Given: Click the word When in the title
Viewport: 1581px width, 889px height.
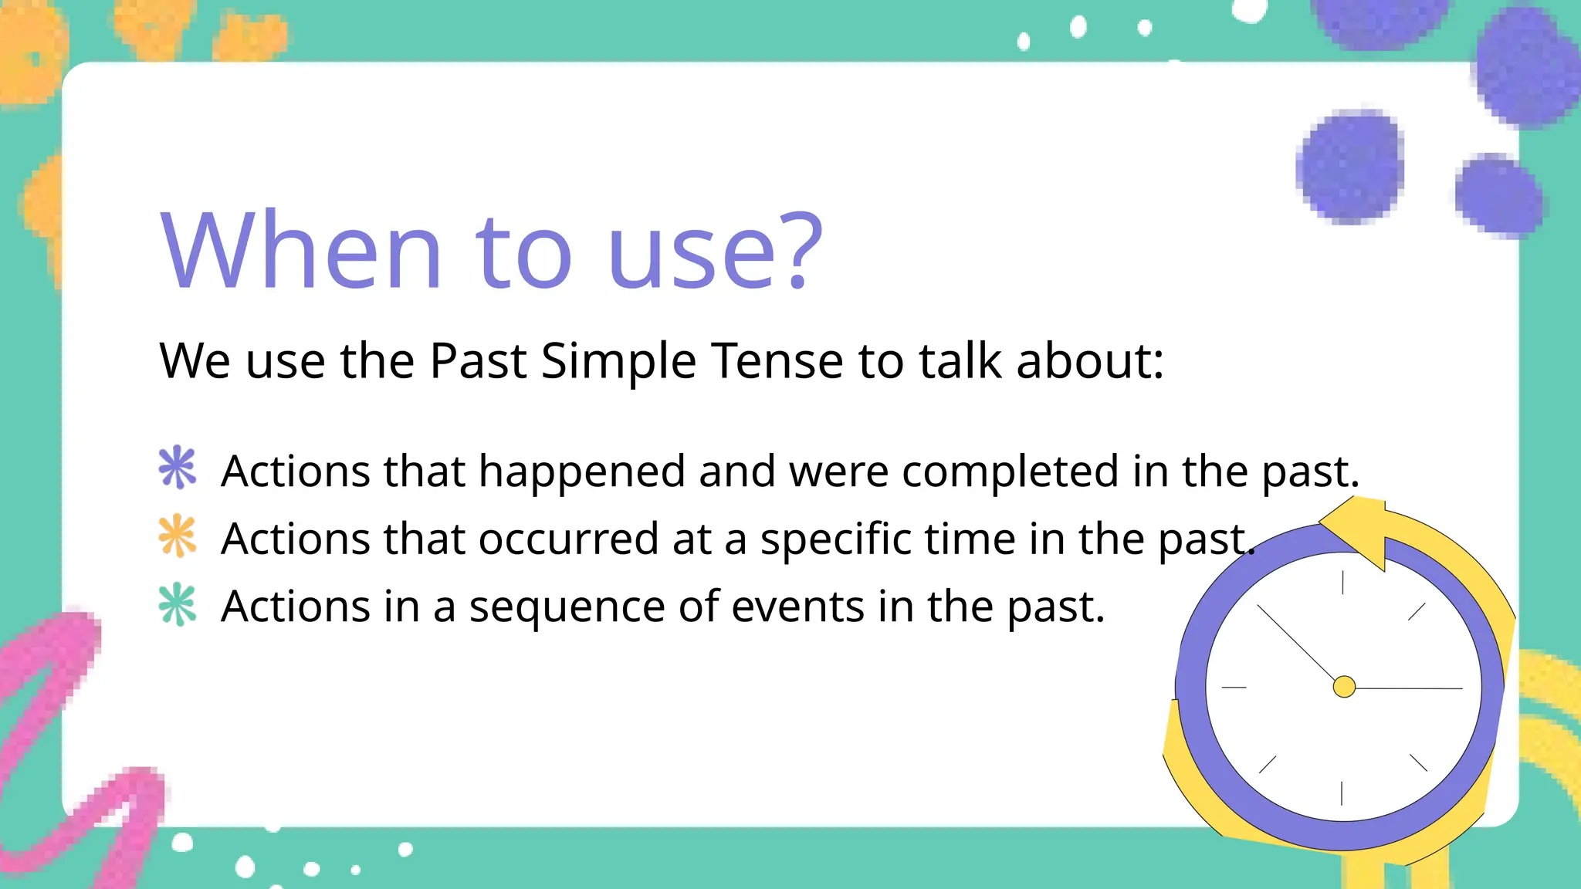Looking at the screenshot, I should coord(301,251).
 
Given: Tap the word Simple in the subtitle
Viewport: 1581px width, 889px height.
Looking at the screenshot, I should coord(618,360).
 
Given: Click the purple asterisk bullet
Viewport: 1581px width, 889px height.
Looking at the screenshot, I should coord(178,468).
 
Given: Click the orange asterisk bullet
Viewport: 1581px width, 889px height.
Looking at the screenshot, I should coord(178,536).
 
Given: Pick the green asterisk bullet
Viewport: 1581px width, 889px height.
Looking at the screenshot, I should coord(178,603).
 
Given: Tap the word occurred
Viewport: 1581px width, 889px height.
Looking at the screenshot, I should coord(568,539).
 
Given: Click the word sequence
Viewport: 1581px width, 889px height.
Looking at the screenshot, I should coord(567,607).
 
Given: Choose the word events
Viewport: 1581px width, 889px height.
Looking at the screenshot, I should coord(797,607).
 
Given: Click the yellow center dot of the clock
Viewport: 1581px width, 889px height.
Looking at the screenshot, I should coord(1344,687).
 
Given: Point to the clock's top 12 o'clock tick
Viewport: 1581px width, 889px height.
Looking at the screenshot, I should coord(1342,583).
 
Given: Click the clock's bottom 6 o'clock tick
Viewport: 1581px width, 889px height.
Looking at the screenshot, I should coord(1342,793).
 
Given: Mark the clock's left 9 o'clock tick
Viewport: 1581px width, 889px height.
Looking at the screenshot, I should coord(1234,687).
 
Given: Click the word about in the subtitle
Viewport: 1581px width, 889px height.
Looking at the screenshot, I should coord(1088,360).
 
